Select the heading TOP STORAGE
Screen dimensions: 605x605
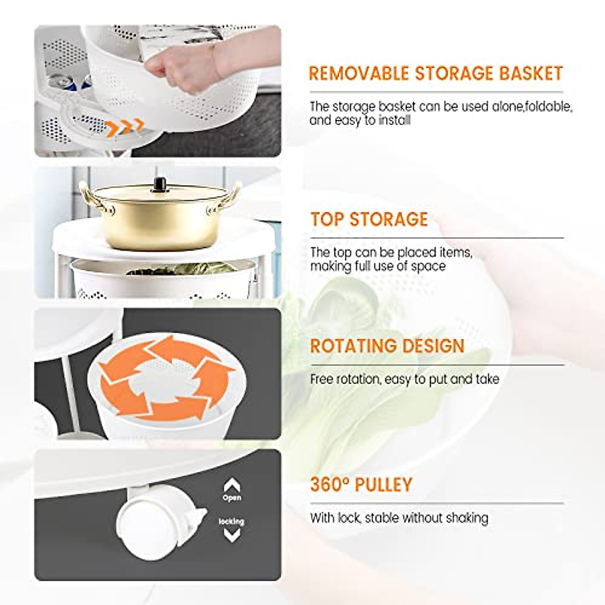(x=369, y=219)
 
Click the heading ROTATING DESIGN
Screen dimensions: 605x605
(x=387, y=346)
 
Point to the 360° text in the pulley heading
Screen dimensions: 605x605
(x=330, y=485)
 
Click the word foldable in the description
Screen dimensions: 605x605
(x=549, y=107)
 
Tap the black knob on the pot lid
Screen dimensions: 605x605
(x=160, y=185)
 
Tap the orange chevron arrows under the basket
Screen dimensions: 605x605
(x=125, y=127)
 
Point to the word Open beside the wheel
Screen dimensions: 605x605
(x=231, y=498)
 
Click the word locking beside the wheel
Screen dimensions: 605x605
(x=231, y=521)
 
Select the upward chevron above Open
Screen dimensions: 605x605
(x=231, y=486)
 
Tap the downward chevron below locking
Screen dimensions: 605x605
(x=231, y=535)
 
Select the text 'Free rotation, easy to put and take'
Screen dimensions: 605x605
(x=404, y=379)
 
